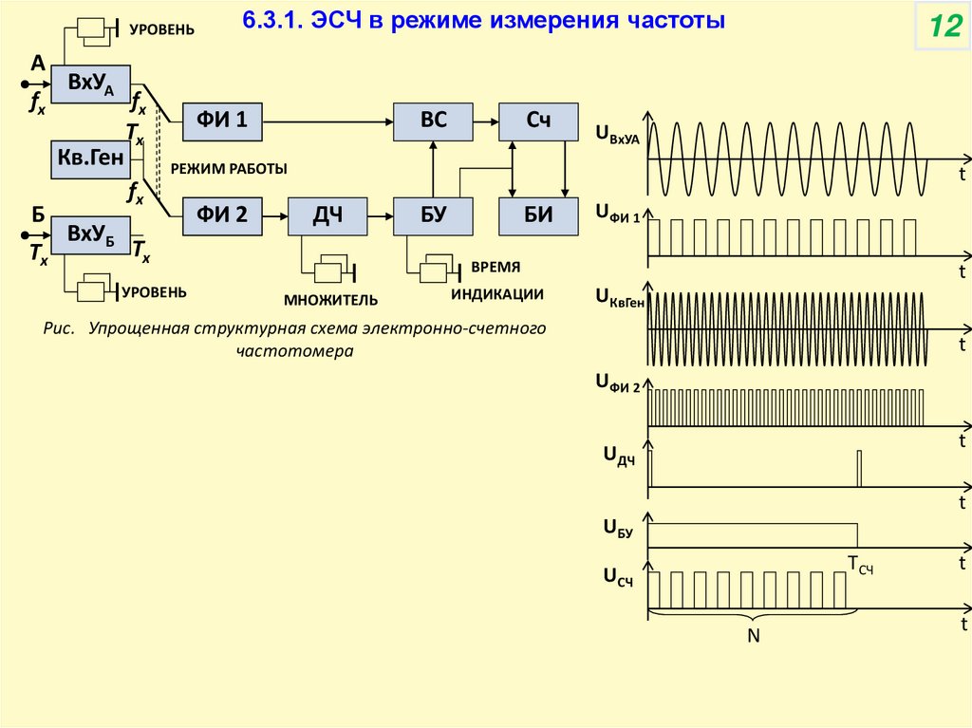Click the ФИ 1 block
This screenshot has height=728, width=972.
(x=222, y=120)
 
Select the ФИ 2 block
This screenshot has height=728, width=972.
(x=222, y=215)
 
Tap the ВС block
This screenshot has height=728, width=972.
(x=433, y=120)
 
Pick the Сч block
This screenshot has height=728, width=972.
(x=538, y=120)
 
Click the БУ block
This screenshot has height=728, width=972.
(x=433, y=215)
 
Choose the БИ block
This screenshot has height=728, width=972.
(x=538, y=215)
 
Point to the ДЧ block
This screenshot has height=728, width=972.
(x=327, y=215)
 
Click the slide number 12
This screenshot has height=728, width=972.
(x=944, y=28)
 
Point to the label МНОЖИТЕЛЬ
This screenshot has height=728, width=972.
(x=330, y=301)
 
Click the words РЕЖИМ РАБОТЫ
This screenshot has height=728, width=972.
(x=229, y=168)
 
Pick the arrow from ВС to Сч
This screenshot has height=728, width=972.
(x=485, y=120)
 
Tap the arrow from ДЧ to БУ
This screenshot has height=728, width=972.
(x=381, y=216)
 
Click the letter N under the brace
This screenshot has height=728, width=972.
(x=754, y=636)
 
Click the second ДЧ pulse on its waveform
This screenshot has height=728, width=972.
(x=859, y=468)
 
